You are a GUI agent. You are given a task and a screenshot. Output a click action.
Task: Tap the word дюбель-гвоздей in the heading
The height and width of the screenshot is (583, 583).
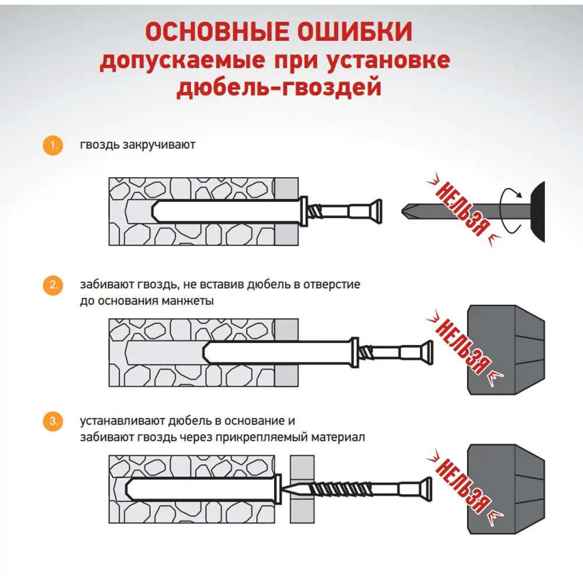tap(279, 87)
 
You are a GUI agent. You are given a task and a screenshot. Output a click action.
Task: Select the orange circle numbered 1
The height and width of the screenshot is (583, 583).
tap(53, 145)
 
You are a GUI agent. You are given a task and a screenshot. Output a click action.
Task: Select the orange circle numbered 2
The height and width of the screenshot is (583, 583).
tap(53, 286)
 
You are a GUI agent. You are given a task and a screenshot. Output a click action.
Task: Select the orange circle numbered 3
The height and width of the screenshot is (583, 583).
tap(53, 422)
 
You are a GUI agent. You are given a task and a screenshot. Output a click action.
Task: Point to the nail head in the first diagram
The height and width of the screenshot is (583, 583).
tap(378, 210)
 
